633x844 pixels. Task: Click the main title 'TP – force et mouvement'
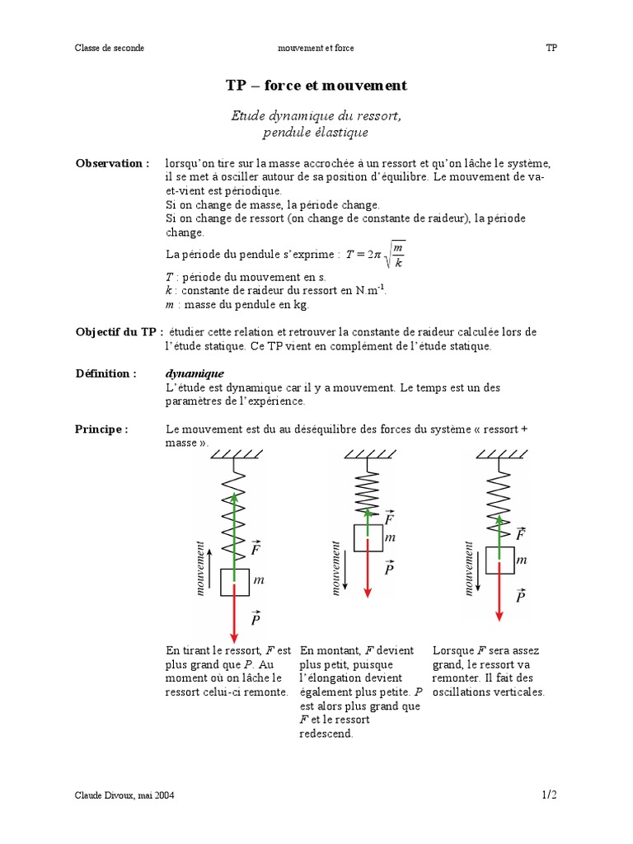[316, 86]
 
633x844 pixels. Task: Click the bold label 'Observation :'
[113, 163]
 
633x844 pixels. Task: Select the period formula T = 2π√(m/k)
[375, 253]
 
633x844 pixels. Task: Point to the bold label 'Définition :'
[106, 373]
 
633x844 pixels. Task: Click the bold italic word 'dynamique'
[195, 373]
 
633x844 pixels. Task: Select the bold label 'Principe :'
[102, 429]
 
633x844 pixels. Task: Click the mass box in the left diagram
[235, 581]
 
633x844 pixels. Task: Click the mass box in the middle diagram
[368, 537]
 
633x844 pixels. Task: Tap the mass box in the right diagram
[499, 560]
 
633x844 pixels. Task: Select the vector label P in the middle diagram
[389, 568]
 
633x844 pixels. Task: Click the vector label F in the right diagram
[520, 534]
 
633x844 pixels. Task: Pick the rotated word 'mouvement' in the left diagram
[200, 568]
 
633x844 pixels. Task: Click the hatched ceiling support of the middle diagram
[368, 454]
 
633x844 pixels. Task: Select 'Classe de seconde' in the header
[110, 48]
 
